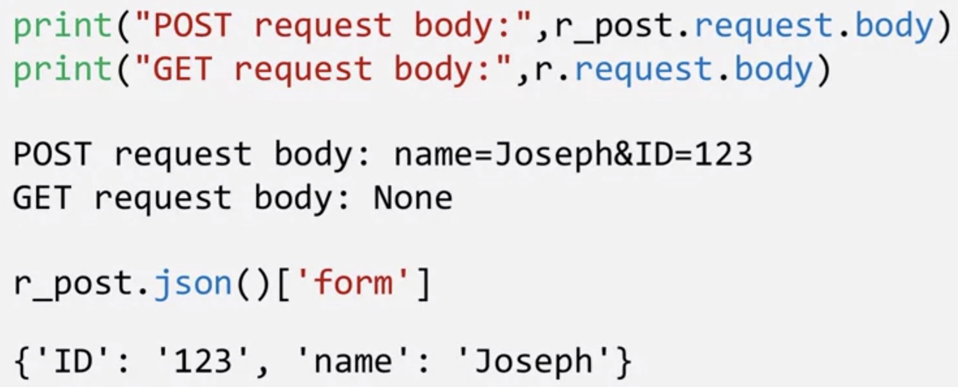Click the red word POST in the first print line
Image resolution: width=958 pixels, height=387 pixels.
click(x=192, y=25)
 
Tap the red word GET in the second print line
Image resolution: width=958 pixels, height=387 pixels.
click(x=182, y=69)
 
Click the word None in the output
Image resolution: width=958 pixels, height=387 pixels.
click(x=413, y=198)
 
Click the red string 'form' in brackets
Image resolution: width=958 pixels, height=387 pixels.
click(x=353, y=283)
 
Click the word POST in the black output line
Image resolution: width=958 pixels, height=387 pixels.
click(x=52, y=155)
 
